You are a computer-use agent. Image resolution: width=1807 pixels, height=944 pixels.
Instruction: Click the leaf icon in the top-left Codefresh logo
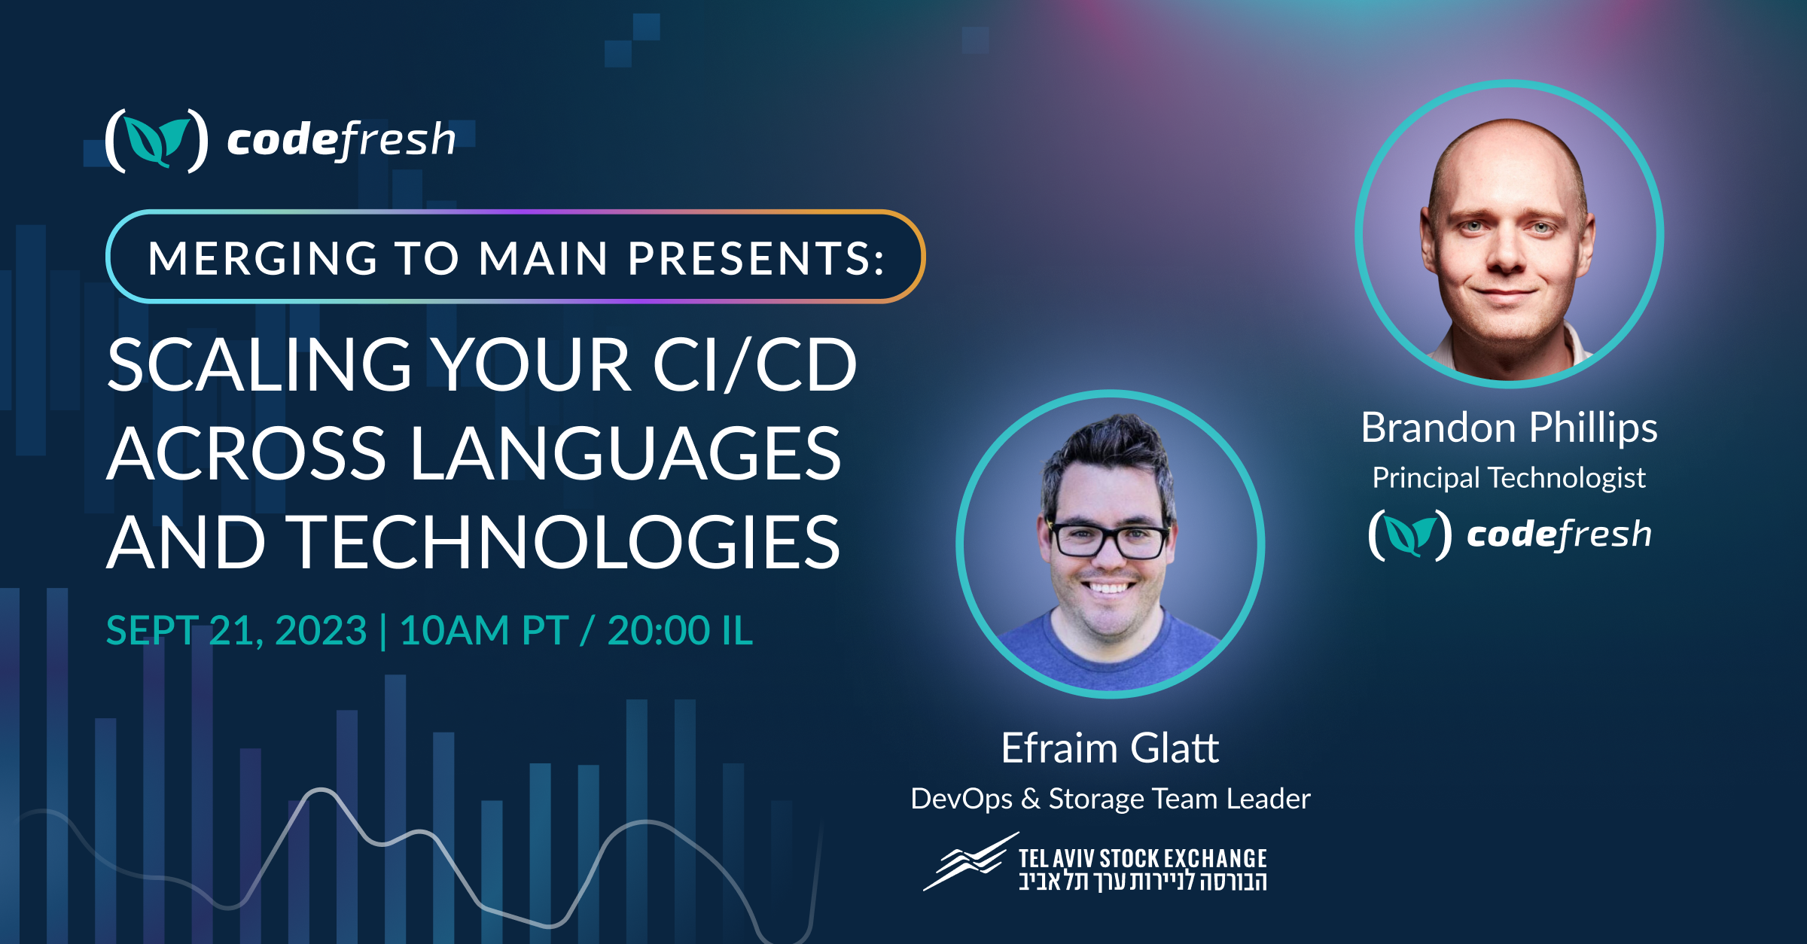pos(157,141)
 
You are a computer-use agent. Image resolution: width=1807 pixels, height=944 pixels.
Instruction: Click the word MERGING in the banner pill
pos(262,258)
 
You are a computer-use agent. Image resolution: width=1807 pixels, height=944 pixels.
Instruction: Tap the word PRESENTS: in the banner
pos(756,258)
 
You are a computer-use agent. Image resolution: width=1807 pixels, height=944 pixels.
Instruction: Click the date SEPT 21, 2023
pos(236,631)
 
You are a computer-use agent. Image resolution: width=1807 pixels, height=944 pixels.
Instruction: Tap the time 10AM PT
pos(483,631)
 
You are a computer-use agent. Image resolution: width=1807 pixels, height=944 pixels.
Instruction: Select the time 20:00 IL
pos(679,631)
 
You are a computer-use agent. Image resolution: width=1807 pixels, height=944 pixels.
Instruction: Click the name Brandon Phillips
pos(1509,428)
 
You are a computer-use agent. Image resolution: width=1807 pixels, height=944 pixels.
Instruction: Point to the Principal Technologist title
pos(1509,478)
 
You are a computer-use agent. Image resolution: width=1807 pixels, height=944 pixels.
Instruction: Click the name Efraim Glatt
pos(1110,748)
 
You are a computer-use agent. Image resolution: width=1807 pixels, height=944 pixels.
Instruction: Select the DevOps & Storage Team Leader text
pos(1110,799)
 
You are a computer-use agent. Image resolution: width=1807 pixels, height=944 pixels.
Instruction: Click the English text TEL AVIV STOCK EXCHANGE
pos(1142,858)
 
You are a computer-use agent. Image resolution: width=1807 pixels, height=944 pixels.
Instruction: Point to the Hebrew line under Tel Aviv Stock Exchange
pos(1142,882)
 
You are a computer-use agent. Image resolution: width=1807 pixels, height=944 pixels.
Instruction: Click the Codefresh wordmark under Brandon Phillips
pos(1559,534)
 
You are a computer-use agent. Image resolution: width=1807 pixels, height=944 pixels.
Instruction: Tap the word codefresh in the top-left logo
pos(341,140)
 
